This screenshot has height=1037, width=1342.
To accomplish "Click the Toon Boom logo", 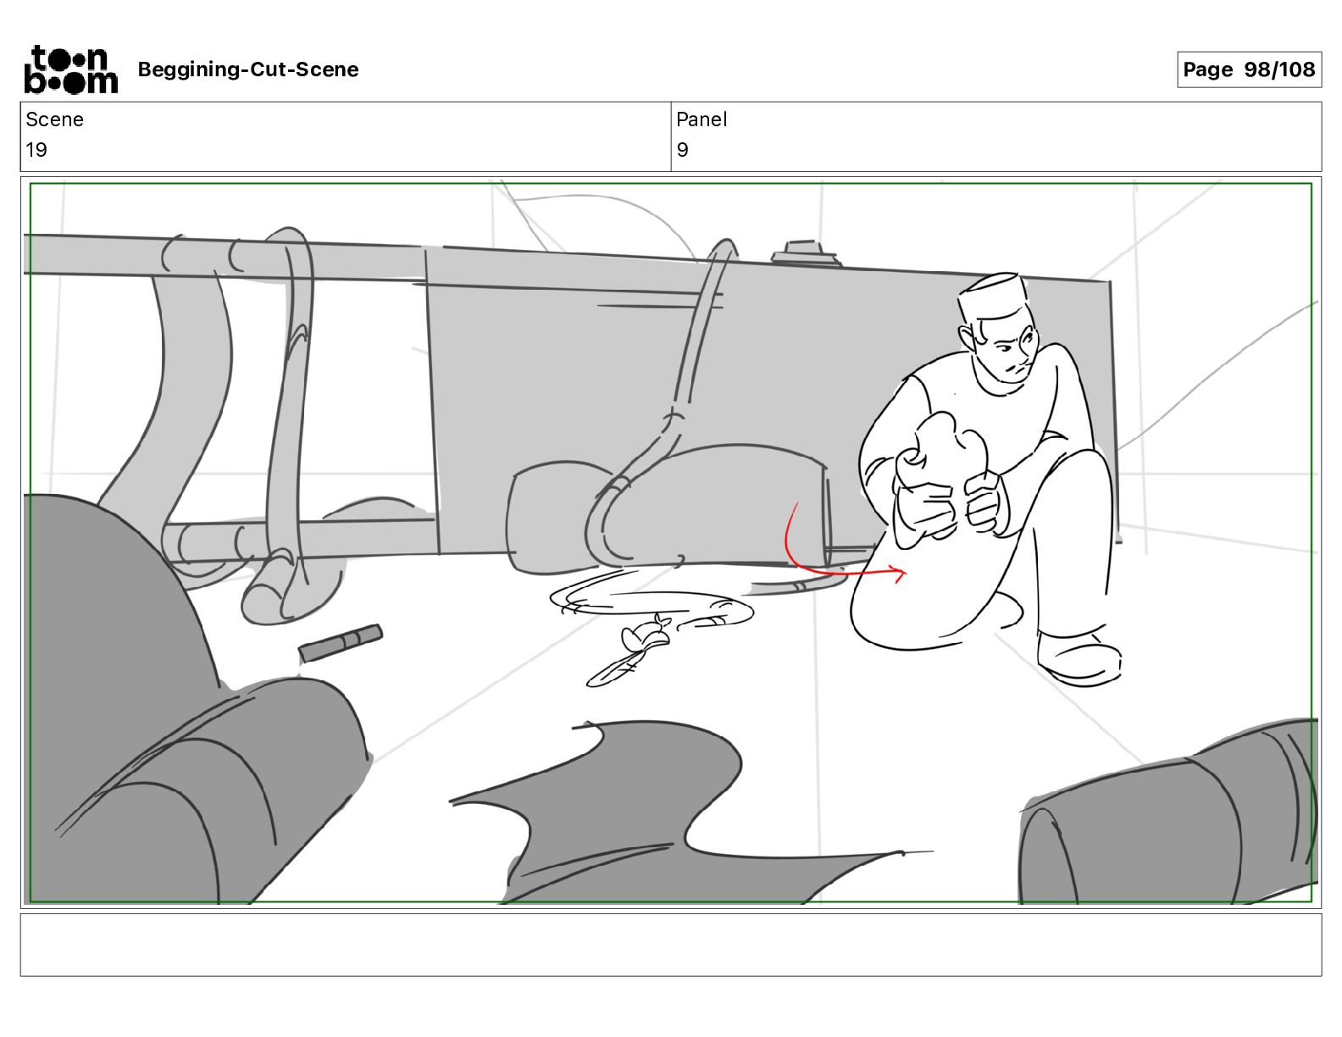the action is pos(70,69).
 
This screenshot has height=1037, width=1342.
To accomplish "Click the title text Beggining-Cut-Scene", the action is pos(247,69).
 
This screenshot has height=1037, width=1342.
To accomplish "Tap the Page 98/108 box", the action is pos(1249,69).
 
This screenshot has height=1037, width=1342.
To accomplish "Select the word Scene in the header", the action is pos(54,119).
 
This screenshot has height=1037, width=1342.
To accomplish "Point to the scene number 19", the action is pos(36,149).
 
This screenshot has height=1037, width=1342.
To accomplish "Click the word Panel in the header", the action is pos(701,119).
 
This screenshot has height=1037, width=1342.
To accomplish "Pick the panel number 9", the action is pos(682,149).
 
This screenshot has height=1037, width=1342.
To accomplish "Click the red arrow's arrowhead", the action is pos(899,574).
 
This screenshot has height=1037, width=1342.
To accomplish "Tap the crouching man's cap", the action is pos(992,296).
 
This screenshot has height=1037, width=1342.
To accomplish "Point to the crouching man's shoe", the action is pos(1079,657).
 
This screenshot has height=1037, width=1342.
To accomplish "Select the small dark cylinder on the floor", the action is pos(341,643).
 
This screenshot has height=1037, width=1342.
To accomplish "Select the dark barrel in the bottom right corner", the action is pos(1167,815).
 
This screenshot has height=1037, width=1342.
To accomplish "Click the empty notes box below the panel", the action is pos(671,945).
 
